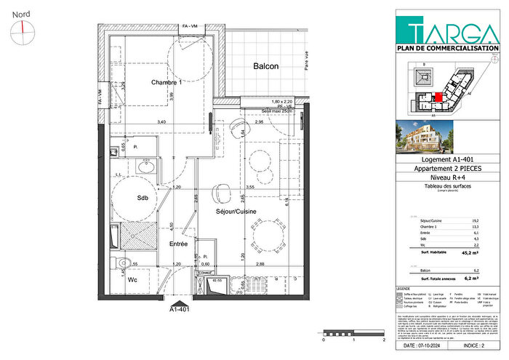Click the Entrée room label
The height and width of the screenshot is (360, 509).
click(178, 244)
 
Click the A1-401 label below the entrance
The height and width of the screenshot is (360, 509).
click(180, 308)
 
